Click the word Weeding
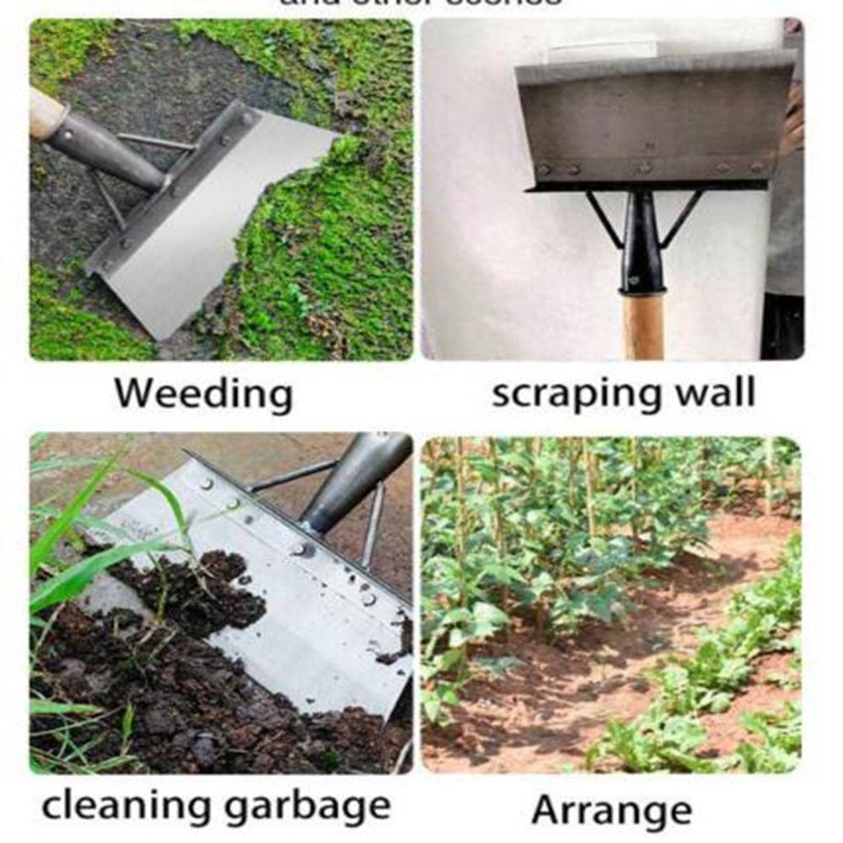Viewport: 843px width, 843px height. click(203, 394)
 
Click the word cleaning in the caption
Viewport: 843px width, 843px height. click(125, 806)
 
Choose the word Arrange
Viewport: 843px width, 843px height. click(611, 810)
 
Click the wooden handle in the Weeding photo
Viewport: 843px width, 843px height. click(46, 113)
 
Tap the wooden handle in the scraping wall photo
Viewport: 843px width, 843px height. click(643, 325)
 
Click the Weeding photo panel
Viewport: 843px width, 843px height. click(221, 190)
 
